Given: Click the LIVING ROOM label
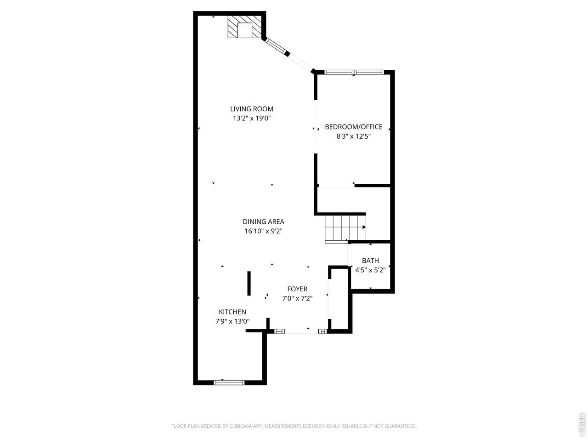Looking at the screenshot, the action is click(x=252, y=109).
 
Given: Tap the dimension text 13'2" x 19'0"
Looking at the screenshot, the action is click(x=252, y=119).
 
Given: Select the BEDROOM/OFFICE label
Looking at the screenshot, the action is click(x=353, y=127).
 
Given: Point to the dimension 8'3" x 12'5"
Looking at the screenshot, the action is click(x=353, y=136).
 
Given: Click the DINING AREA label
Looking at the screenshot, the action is click(x=263, y=222).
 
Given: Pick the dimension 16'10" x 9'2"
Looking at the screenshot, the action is click(x=263, y=231).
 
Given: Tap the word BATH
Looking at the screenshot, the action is click(x=370, y=260).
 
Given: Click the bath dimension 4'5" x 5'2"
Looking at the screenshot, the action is click(x=370, y=270).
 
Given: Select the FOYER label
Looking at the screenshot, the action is click(x=297, y=289).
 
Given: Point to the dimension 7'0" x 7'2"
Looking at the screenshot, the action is click(x=297, y=298).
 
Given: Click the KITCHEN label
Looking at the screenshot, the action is click(x=232, y=312).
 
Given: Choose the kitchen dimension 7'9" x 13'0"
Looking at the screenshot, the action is click(x=232, y=321).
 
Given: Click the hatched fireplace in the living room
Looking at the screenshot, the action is click(x=244, y=27).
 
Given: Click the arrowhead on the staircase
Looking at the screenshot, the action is click(x=364, y=227).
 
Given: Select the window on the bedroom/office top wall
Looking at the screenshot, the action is click(x=354, y=72).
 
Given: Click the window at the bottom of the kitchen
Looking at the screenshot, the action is click(x=229, y=383).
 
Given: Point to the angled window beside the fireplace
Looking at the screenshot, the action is click(x=276, y=47).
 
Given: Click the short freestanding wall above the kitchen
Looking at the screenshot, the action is click(x=249, y=283).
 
